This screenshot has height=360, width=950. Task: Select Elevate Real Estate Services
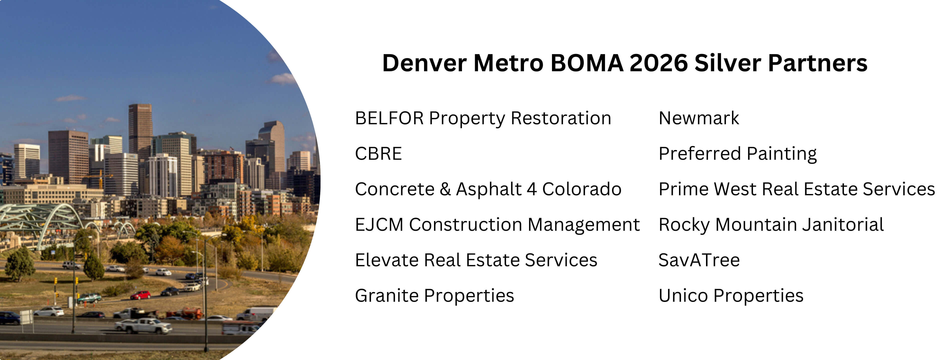tap(476, 260)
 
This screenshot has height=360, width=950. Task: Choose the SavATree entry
tap(699, 260)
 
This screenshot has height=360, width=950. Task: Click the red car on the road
tap(140, 295)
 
